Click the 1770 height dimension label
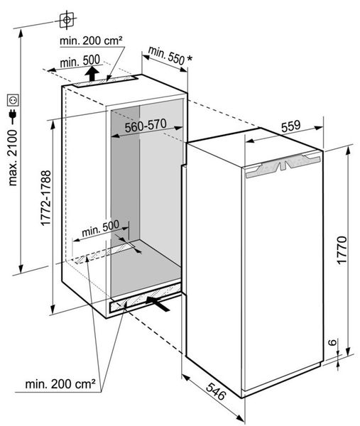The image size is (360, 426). click(x=342, y=250)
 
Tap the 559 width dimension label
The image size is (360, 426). click(x=290, y=126)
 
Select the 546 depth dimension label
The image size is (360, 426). click(x=216, y=391)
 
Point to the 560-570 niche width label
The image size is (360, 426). click(x=146, y=126)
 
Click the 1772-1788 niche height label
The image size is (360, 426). click(x=46, y=198)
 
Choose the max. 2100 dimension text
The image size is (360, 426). click(x=13, y=158)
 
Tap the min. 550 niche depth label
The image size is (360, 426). click(x=167, y=55)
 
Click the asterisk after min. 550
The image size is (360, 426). click(x=190, y=59)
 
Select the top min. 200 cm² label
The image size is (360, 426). click(x=91, y=40)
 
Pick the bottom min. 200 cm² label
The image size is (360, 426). click(x=60, y=384)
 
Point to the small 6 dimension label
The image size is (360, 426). click(x=333, y=342)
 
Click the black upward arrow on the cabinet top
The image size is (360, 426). click(x=92, y=73)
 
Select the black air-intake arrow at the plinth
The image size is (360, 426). click(x=158, y=303)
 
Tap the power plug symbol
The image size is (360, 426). click(x=13, y=115)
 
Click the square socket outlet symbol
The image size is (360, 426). click(x=13, y=100)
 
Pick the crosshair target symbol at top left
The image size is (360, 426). click(x=67, y=20)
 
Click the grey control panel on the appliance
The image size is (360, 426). click(x=283, y=165)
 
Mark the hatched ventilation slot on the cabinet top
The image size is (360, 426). click(x=105, y=82)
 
